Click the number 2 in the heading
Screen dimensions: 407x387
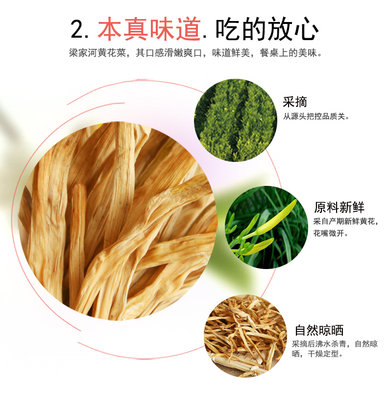78,29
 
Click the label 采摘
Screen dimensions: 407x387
295,102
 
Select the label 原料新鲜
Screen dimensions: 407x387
339,207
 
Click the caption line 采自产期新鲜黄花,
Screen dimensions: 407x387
346,222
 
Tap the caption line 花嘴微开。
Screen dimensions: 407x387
331,233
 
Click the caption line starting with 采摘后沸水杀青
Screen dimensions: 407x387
335,344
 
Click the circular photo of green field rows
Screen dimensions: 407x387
236,120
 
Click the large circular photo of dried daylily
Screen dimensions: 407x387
118,220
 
